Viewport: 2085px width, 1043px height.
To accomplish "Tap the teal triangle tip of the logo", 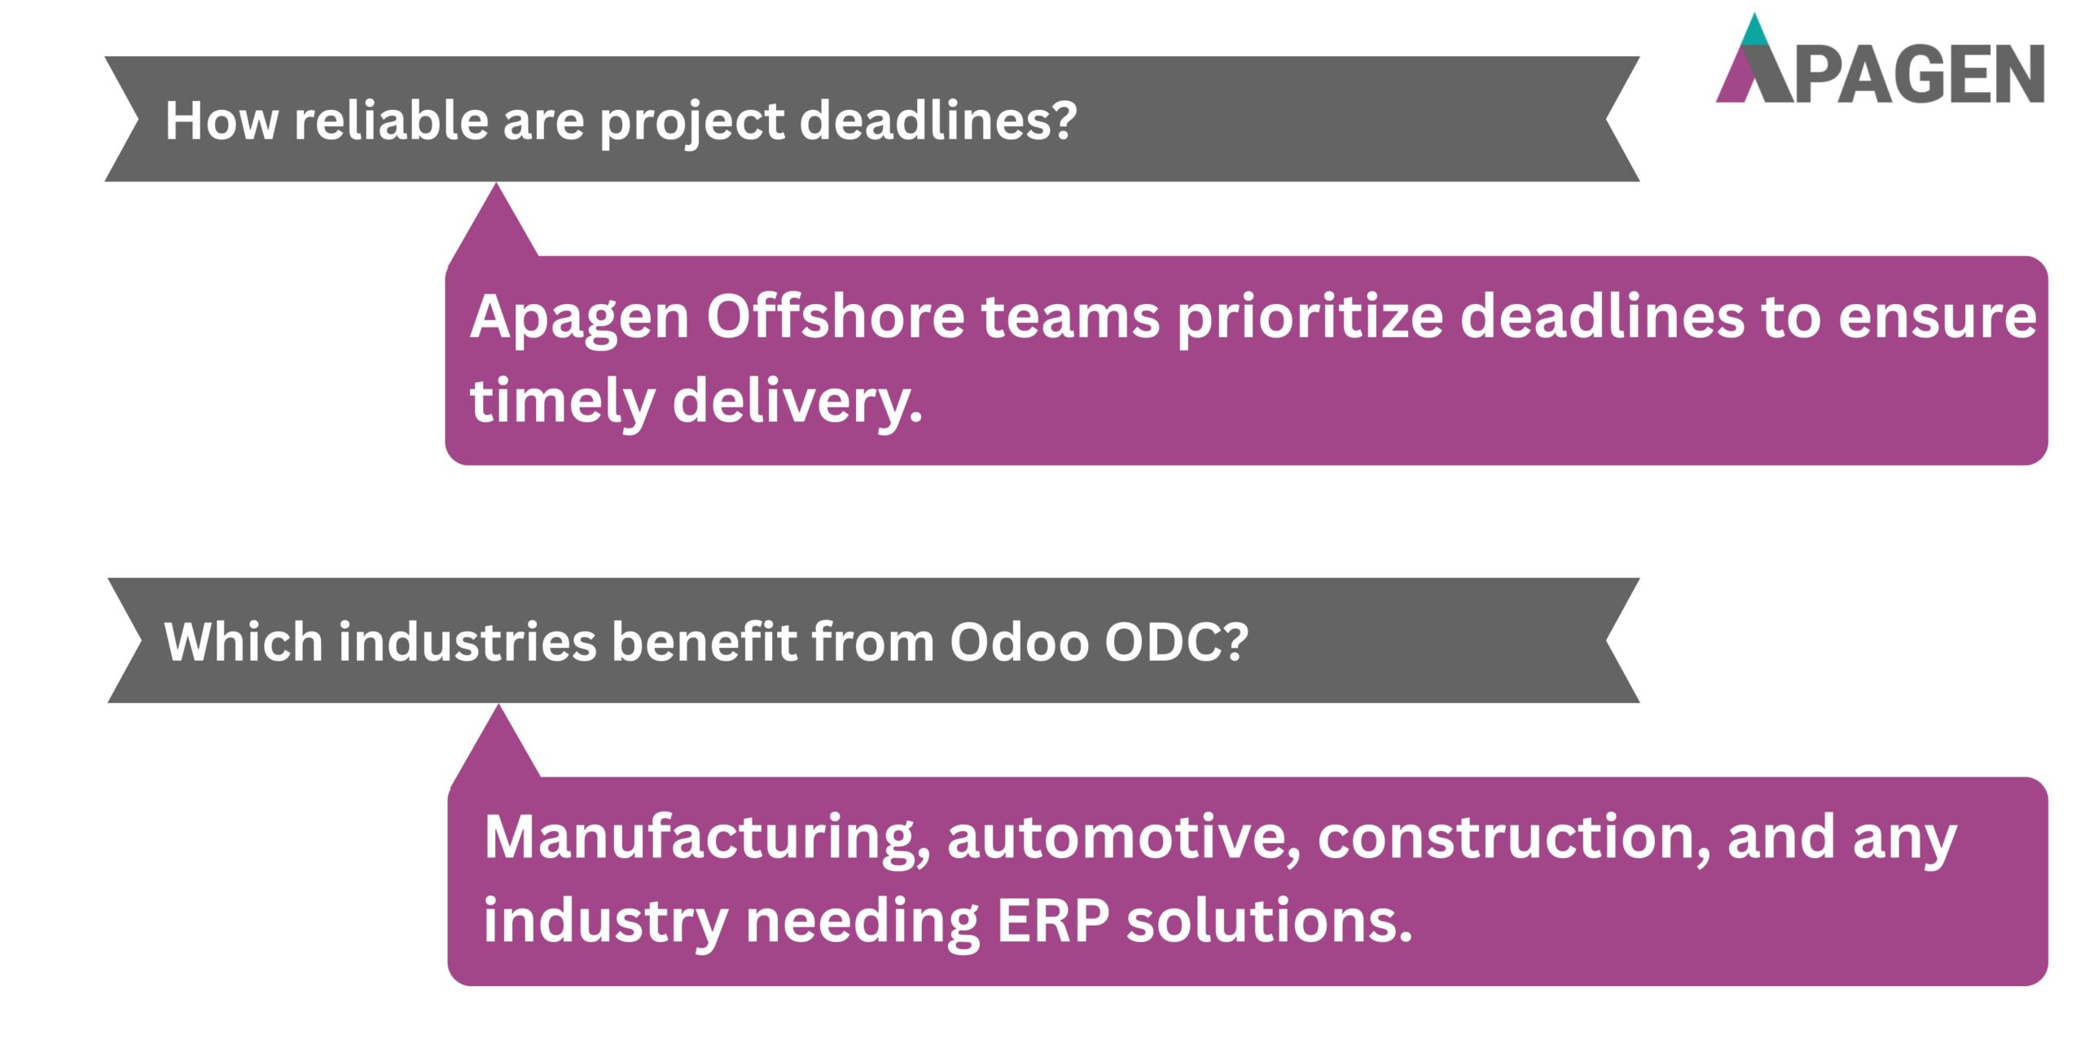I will coord(1754,31).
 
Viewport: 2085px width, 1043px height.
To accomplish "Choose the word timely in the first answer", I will coord(563,401).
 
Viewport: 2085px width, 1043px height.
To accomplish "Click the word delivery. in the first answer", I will coord(797,401).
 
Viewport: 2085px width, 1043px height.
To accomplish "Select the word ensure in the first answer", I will coord(1938,318).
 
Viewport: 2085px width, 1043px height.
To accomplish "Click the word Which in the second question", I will coord(244,642).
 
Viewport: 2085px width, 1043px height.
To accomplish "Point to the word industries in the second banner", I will coord(468,642).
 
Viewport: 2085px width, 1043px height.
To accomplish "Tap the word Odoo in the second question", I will coord(1019,642).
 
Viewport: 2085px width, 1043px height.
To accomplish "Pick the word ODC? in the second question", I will coord(1176,642).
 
